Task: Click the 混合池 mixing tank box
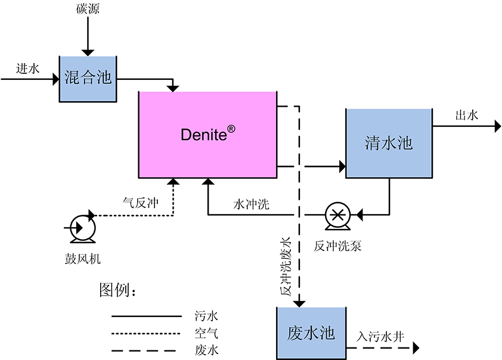click(x=88, y=78)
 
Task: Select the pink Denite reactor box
click(x=207, y=135)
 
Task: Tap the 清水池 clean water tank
click(x=389, y=144)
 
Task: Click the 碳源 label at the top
click(x=87, y=8)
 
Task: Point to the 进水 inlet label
click(x=28, y=69)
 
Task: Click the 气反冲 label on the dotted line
click(x=140, y=203)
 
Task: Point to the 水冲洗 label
click(x=251, y=204)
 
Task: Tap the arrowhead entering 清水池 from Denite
click(x=342, y=166)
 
